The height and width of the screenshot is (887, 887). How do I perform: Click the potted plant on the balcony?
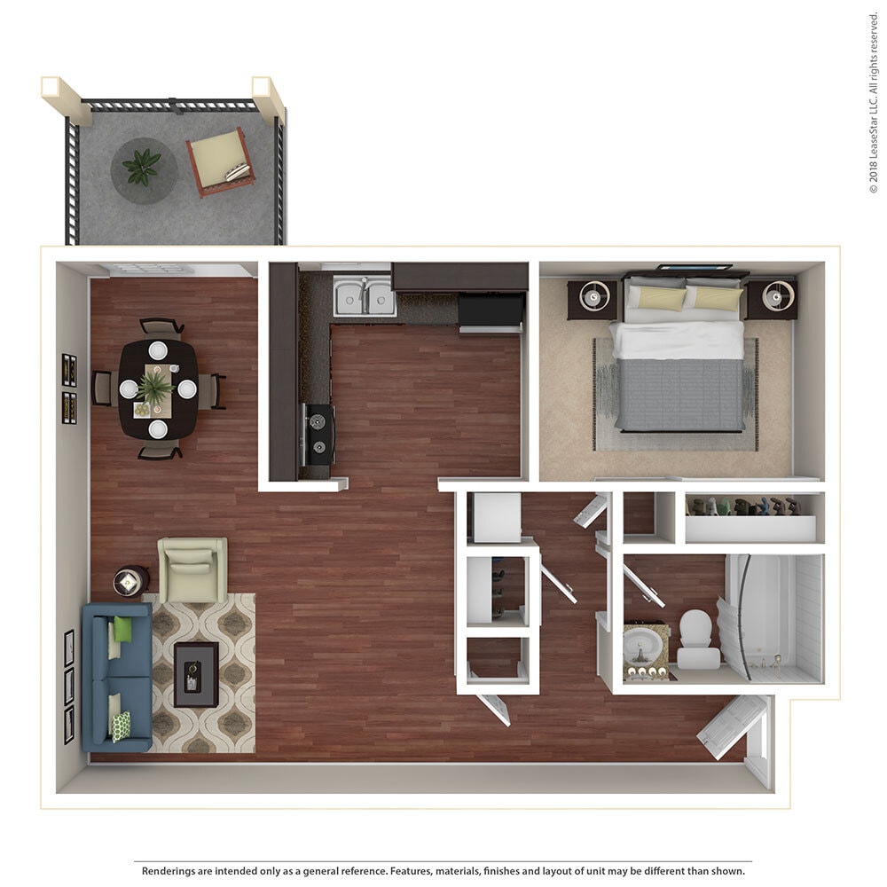click(x=142, y=166)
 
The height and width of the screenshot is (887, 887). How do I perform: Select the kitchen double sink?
click(x=365, y=296)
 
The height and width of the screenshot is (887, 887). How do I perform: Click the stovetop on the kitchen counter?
click(x=318, y=434)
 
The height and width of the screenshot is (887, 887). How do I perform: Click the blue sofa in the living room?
click(x=115, y=677)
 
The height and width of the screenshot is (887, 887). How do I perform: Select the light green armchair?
click(x=192, y=569)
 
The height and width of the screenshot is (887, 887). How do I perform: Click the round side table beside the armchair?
click(x=130, y=582)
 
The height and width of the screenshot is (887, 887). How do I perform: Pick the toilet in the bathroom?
click(x=698, y=639)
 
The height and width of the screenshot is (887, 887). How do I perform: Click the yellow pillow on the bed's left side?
click(x=658, y=298)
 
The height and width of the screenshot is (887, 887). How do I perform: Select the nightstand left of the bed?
click(x=592, y=299)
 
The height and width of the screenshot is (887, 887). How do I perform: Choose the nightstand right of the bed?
click(x=772, y=299)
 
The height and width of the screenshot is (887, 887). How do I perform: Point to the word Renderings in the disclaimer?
click(x=171, y=871)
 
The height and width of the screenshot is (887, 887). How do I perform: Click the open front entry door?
click(x=733, y=725)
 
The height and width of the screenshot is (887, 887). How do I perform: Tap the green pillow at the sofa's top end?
click(x=122, y=629)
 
